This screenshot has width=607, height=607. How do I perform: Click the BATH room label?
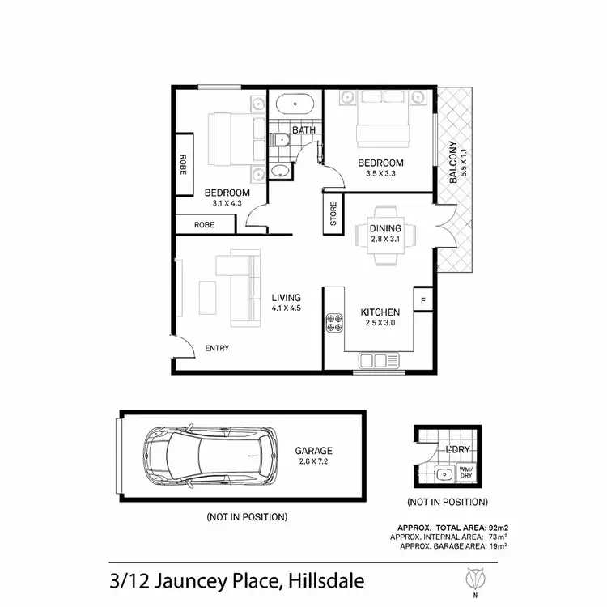[x=303, y=129]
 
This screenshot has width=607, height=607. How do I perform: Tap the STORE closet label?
[x=331, y=216]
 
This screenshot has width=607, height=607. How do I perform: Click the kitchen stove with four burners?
[x=335, y=322]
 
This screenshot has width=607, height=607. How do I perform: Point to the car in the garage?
[x=206, y=457]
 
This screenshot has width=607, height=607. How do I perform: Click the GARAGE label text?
[x=314, y=452]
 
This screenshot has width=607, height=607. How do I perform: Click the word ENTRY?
[x=217, y=349]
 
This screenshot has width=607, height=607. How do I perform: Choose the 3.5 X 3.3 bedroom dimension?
[x=380, y=174]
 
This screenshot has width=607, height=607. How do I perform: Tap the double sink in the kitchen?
[x=379, y=359]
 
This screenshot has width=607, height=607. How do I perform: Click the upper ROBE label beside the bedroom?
[x=184, y=165]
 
